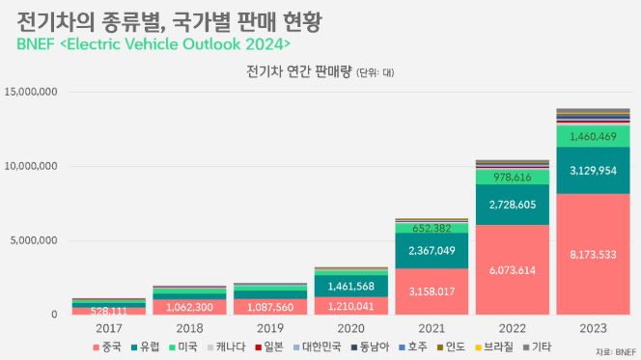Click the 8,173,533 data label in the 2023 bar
(x=593, y=255)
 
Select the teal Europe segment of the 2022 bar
(x=513, y=205)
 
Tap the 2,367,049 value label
(x=432, y=251)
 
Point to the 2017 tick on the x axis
(x=109, y=328)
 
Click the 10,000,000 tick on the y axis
(x=31, y=166)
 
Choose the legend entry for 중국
(x=107, y=346)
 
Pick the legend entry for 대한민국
(x=318, y=346)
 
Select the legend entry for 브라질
(x=494, y=346)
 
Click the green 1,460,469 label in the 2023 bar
(x=593, y=136)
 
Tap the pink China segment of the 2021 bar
(x=432, y=291)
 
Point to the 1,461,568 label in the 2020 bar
(x=350, y=286)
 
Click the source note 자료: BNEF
(x=616, y=352)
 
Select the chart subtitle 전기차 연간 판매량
(x=299, y=71)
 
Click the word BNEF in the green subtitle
(x=36, y=44)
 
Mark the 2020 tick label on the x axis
(x=350, y=328)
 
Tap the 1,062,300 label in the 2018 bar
(x=189, y=307)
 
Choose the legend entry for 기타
(x=537, y=346)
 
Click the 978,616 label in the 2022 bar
(x=513, y=177)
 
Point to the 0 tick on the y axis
(x=54, y=315)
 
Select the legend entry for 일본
(x=269, y=346)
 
